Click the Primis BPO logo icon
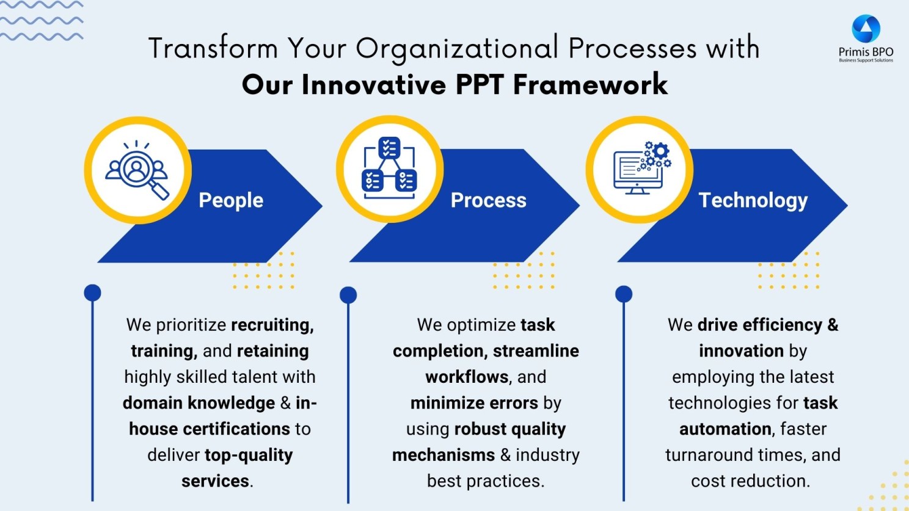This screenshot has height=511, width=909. [866, 28]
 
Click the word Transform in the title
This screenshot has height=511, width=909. [213, 48]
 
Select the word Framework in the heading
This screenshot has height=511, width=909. [591, 84]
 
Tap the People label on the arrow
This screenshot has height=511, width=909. [231, 200]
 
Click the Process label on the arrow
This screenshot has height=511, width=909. [489, 200]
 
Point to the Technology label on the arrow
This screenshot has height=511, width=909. [753, 201]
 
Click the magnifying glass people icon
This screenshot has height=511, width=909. [137, 170]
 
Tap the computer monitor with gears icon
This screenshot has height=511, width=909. [642, 168]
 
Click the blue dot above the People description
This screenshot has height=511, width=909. [92, 293]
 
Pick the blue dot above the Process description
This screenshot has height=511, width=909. [348, 295]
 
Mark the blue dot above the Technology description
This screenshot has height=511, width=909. [624, 294]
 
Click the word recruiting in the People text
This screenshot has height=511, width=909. [272, 325]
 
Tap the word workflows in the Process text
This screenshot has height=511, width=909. [467, 377]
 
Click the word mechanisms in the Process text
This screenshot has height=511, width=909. [444, 455]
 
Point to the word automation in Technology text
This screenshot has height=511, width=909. [725, 429]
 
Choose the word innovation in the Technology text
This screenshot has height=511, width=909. [742, 351]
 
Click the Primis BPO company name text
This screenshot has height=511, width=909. [866, 52]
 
